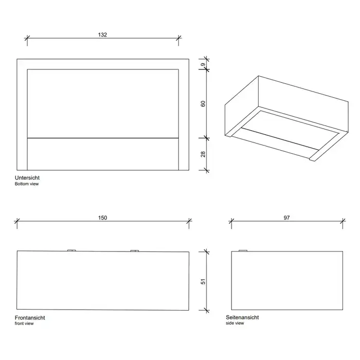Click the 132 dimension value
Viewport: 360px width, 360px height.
tap(102, 34)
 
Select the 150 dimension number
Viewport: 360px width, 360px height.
tap(103, 218)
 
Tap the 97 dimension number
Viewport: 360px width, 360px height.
tap(286, 218)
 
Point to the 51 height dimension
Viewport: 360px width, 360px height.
tap(203, 281)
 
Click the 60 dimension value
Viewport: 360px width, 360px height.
tap(203, 104)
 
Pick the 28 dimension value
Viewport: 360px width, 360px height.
tap(203, 154)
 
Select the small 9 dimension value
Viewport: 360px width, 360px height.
tap(203, 64)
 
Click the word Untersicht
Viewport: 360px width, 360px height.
tap(27, 178)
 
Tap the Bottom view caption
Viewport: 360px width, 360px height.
tap(27, 184)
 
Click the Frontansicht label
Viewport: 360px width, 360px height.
tap(30, 318)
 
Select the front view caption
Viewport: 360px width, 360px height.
tap(24, 323)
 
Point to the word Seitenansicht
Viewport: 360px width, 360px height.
tap(242, 317)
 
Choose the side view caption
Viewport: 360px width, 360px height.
tap(235, 323)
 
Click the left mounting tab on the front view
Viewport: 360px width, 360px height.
tap(71, 250)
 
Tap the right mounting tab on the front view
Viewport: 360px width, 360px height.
tap(135, 251)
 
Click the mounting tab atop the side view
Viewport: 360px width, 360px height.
tap(243, 250)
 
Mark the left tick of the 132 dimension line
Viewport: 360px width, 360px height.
tap(27, 38)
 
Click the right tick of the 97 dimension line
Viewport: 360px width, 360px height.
tap(343, 221)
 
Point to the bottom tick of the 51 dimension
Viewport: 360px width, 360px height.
tap(207, 311)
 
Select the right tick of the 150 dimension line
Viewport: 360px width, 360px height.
tap(189, 221)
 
